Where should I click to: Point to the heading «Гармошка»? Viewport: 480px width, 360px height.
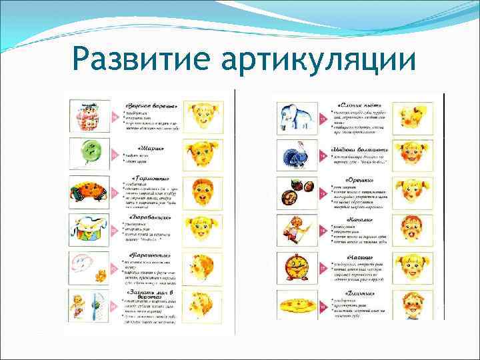(x=149, y=178)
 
